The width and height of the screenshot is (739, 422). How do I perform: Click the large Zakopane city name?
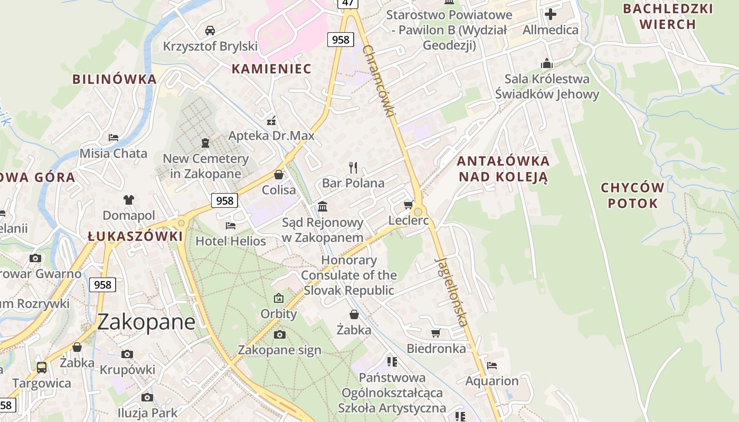click(x=146, y=321)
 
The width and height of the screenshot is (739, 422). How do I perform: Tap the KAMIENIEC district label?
click(x=271, y=69)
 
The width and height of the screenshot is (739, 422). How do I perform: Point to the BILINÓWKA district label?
click(x=115, y=79)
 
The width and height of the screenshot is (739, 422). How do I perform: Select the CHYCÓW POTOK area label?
click(x=632, y=195)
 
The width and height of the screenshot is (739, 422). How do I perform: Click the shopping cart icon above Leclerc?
click(x=408, y=205)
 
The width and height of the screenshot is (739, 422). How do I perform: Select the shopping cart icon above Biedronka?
click(x=435, y=333)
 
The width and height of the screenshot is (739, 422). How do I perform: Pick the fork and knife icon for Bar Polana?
click(x=353, y=168)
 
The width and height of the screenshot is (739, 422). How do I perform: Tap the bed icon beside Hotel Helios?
click(x=231, y=226)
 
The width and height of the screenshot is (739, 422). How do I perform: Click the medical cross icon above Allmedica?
click(x=551, y=14)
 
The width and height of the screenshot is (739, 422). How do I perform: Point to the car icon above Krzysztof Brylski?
click(x=210, y=30)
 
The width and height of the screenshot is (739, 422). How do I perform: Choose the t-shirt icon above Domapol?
click(x=129, y=199)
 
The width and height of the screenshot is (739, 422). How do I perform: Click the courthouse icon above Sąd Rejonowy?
click(x=323, y=206)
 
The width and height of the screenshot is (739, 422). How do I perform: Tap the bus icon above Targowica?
click(x=42, y=367)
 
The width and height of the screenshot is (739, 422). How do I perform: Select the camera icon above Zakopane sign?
click(x=279, y=334)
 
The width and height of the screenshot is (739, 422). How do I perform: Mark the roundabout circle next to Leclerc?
click(x=419, y=212)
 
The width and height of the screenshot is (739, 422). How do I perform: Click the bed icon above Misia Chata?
click(x=113, y=138)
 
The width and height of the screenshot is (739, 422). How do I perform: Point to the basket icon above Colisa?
click(x=279, y=174)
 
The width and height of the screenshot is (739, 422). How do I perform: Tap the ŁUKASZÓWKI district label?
click(x=135, y=236)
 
